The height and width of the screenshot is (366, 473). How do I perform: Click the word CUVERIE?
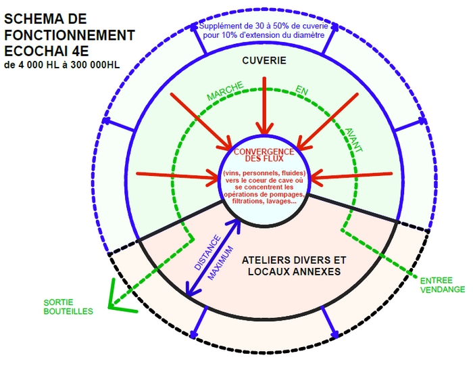(x=264, y=61)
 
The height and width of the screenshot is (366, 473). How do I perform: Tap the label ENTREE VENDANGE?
(x=442, y=285)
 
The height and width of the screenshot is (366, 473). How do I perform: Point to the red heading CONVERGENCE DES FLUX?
(x=264, y=156)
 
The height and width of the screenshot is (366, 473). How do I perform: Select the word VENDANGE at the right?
(x=442, y=290)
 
